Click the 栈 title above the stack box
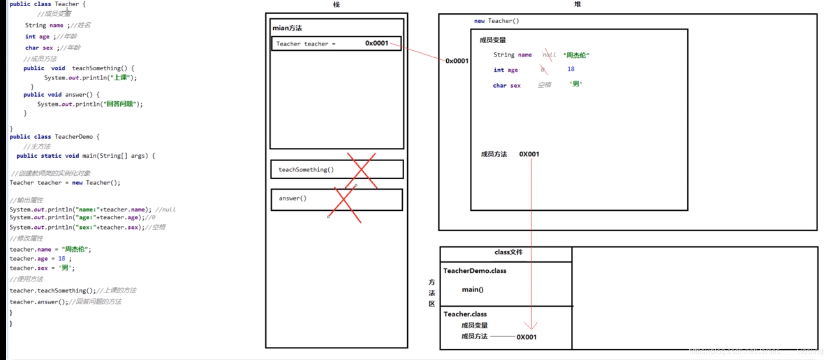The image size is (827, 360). [336, 5]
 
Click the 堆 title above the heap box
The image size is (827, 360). [577, 4]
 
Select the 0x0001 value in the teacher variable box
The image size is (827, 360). [377, 43]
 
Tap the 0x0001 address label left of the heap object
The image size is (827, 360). [457, 61]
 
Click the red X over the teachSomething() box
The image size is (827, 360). [361, 170]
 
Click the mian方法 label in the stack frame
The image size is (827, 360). [287, 28]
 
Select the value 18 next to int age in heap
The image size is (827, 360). [571, 69]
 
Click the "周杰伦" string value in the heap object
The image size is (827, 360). [576, 55]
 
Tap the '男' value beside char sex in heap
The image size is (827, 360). [576, 84]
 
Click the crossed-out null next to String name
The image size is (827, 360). [549, 55]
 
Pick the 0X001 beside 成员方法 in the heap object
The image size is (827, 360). [529, 154]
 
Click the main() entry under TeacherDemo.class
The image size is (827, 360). [473, 289]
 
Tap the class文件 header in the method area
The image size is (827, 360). [508, 252]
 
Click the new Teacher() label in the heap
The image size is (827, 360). [496, 21]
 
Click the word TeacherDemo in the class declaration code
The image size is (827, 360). [73, 137]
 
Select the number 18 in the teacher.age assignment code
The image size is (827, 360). [62, 259]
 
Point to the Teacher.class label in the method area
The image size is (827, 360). [465, 314]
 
